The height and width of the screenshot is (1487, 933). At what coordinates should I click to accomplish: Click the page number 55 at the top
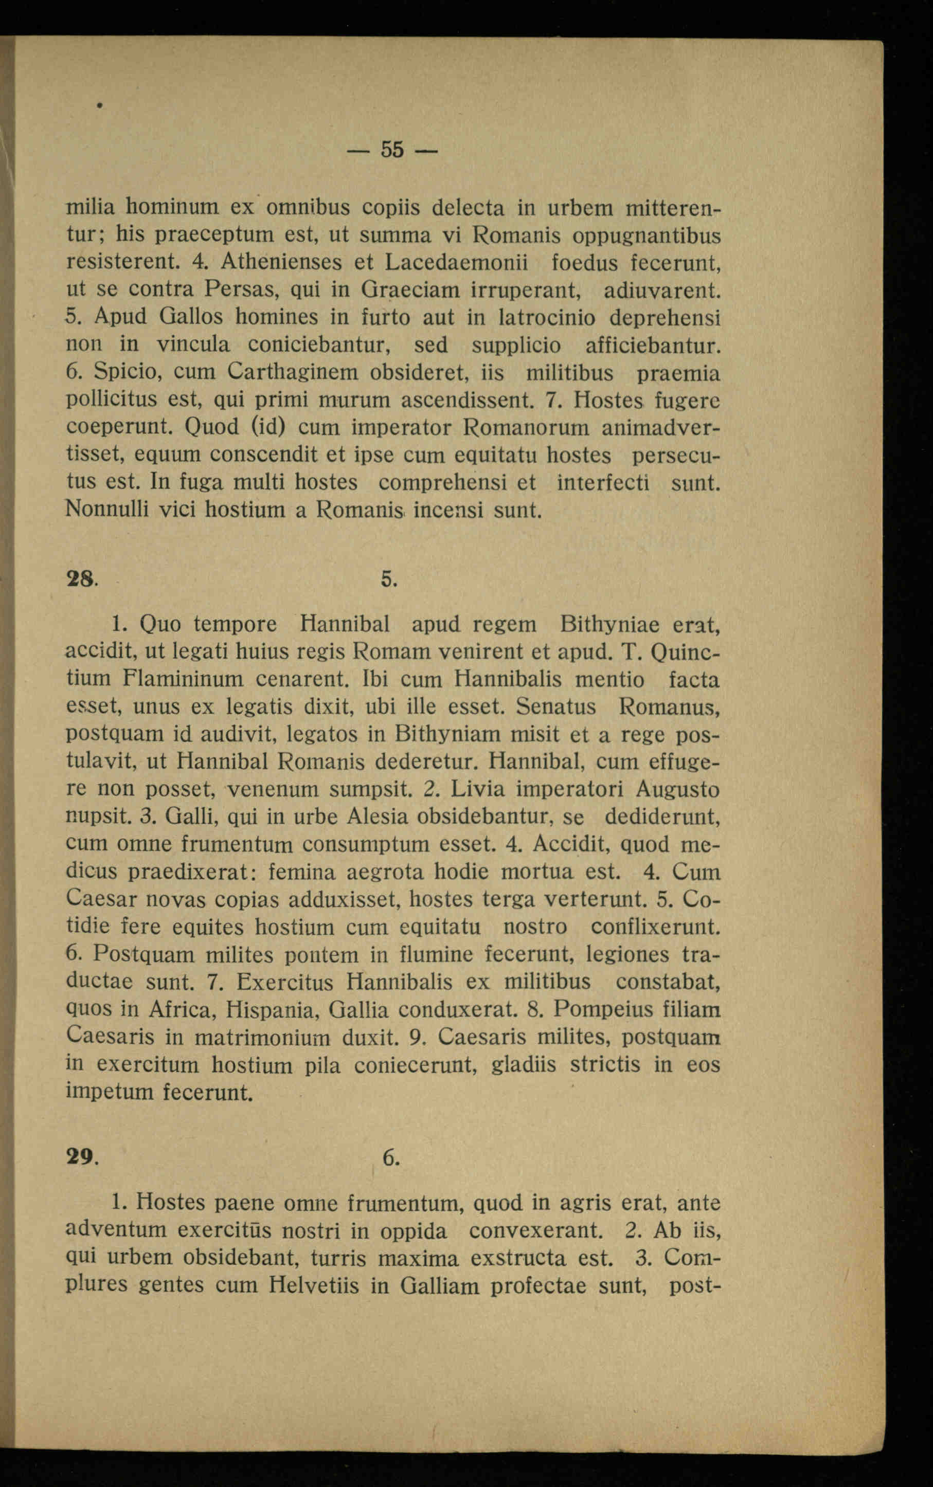pos(392,149)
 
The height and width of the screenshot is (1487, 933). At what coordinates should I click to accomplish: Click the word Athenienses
pos(281,262)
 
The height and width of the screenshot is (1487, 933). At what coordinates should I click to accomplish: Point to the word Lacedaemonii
pos(457,262)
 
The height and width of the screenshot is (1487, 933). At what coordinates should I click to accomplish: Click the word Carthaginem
pos(293,372)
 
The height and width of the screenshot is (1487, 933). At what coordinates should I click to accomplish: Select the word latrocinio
pos(547,317)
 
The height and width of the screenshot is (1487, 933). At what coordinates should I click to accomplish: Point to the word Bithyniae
pos(609,625)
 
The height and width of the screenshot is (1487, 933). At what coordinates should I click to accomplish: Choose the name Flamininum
pos(183,680)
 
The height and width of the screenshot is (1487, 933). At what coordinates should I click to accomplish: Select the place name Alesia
pos(378,817)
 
